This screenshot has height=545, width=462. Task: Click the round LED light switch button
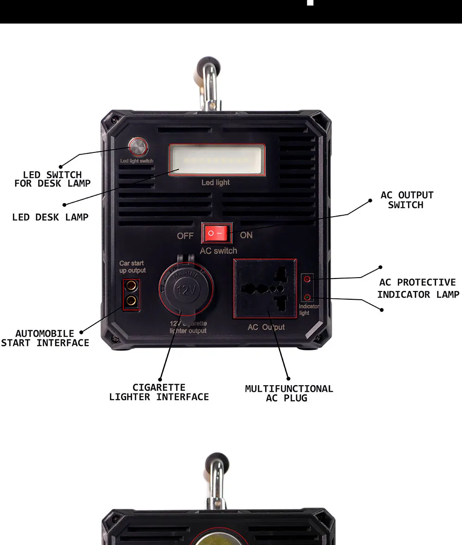coord(136,147)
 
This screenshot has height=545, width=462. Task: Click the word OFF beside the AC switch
coord(185,236)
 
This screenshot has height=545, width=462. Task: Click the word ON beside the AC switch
coord(246,235)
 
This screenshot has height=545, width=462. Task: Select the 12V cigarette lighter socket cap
coord(185,290)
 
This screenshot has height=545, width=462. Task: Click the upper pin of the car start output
coord(131,285)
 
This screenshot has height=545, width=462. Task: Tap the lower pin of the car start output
coord(131,301)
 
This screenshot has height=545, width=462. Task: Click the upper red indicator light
coord(307,279)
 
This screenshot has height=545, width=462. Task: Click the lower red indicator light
coord(307,297)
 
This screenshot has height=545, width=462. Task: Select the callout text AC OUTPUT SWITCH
coord(407,200)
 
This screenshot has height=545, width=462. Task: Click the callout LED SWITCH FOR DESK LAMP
coord(52,179)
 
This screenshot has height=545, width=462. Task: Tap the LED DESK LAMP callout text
coord(50,217)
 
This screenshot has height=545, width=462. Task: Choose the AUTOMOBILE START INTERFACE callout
coord(45,338)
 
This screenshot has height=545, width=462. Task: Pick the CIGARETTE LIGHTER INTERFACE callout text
coord(159,392)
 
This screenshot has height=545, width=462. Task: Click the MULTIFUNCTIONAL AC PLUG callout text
coord(289,394)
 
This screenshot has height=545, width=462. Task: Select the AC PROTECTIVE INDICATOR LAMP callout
coord(418,288)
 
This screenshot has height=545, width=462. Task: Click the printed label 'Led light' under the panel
coord(215,182)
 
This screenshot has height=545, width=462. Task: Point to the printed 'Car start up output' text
coord(132,267)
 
